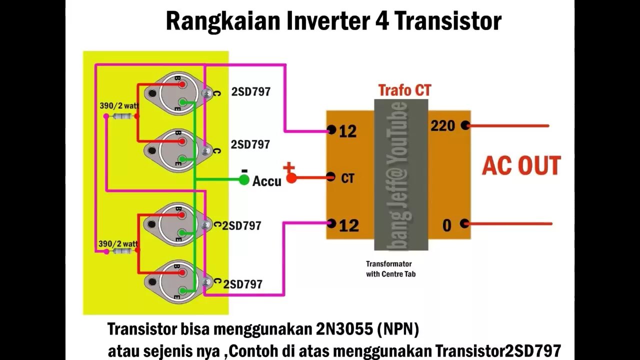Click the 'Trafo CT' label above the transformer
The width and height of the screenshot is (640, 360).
tap(404, 90)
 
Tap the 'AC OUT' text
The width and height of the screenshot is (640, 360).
tap(521, 166)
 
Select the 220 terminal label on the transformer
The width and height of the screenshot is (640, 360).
tap(443, 125)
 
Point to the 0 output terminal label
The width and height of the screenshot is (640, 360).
tap(446, 225)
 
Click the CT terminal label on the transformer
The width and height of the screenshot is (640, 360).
tap(347, 178)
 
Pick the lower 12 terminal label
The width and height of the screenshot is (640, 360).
tap(348, 225)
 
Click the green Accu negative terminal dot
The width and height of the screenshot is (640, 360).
tap(244, 180)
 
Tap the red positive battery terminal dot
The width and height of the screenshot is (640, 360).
tap(291, 178)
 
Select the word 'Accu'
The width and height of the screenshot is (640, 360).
tap(266, 181)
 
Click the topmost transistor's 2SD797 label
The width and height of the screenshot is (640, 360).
tap(250, 92)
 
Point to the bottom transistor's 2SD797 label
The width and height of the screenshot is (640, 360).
tap(242, 284)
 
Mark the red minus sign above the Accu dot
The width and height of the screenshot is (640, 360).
tap(244, 170)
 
